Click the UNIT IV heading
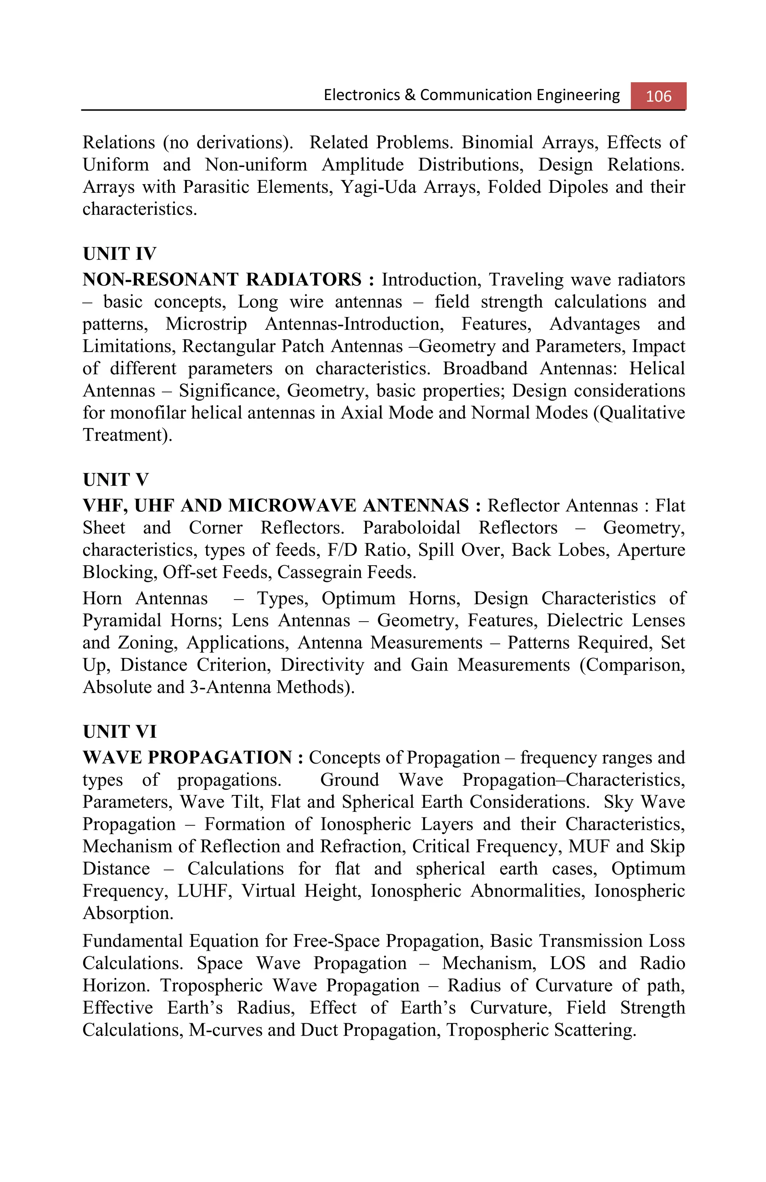119,254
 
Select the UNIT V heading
115,480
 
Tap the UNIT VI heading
119,731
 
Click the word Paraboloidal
411,528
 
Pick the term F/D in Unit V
340,550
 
